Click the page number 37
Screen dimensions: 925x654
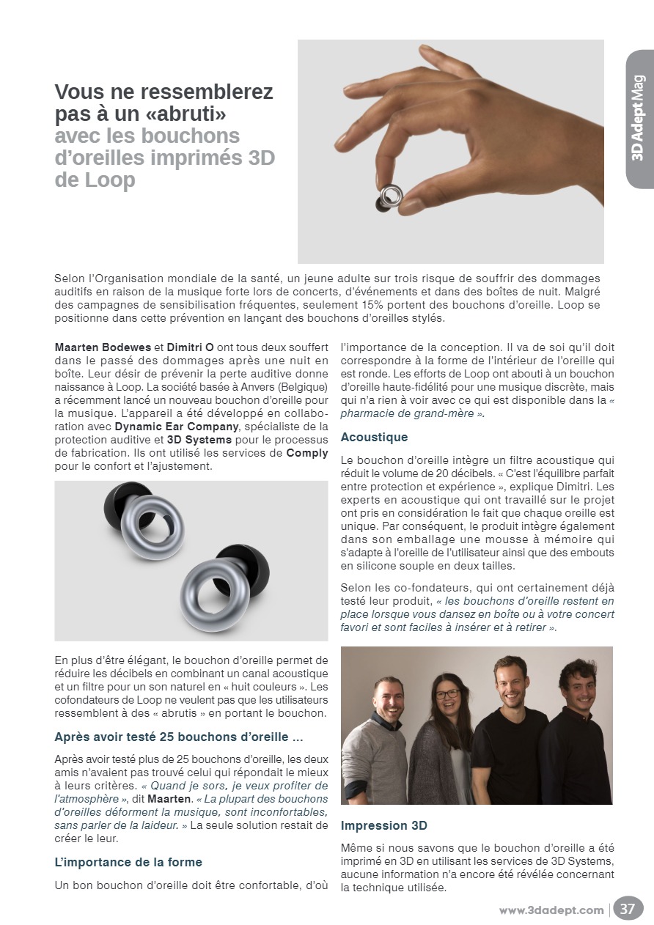(x=628, y=909)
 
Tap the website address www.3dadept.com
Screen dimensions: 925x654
(x=551, y=910)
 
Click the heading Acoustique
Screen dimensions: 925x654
(x=374, y=438)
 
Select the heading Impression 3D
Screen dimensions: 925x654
(x=383, y=825)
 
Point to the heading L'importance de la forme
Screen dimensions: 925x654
(x=128, y=862)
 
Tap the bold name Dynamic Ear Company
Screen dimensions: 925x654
(x=177, y=427)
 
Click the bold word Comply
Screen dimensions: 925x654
(x=306, y=453)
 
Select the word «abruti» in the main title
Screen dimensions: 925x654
(x=183, y=115)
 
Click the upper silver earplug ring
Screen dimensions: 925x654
(x=153, y=526)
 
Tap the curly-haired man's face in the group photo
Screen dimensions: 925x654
(x=578, y=685)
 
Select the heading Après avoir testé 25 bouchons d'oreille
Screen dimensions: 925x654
(x=179, y=736)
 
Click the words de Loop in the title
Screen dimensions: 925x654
(x=95, y=180)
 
